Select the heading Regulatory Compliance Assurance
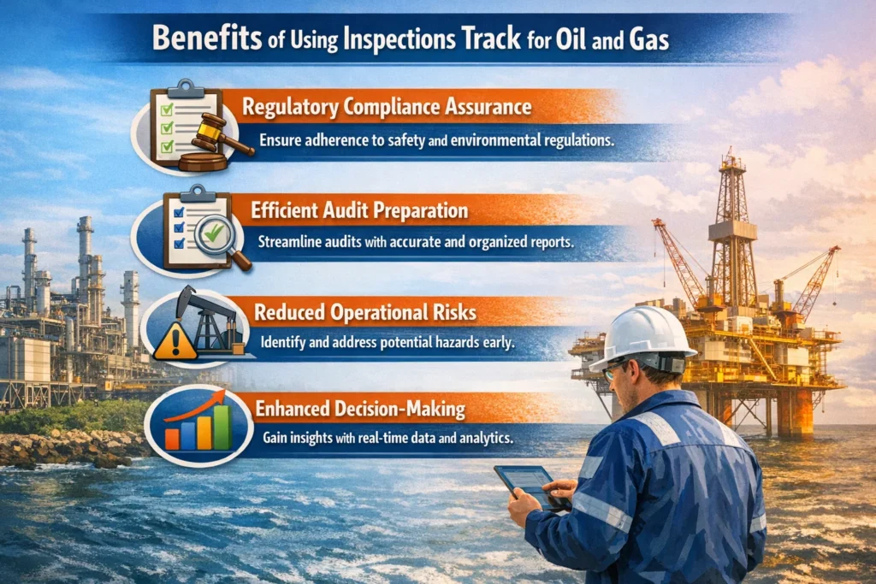coord(386,108)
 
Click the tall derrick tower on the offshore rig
coord(732,222)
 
